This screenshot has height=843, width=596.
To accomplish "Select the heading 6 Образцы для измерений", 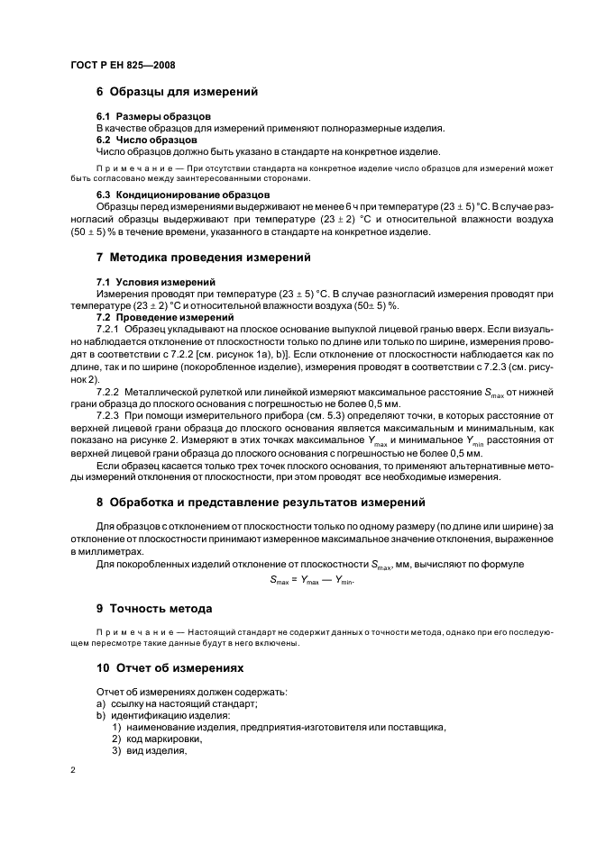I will pos(177,91).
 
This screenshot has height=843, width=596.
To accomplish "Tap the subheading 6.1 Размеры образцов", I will pos(153,117).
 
